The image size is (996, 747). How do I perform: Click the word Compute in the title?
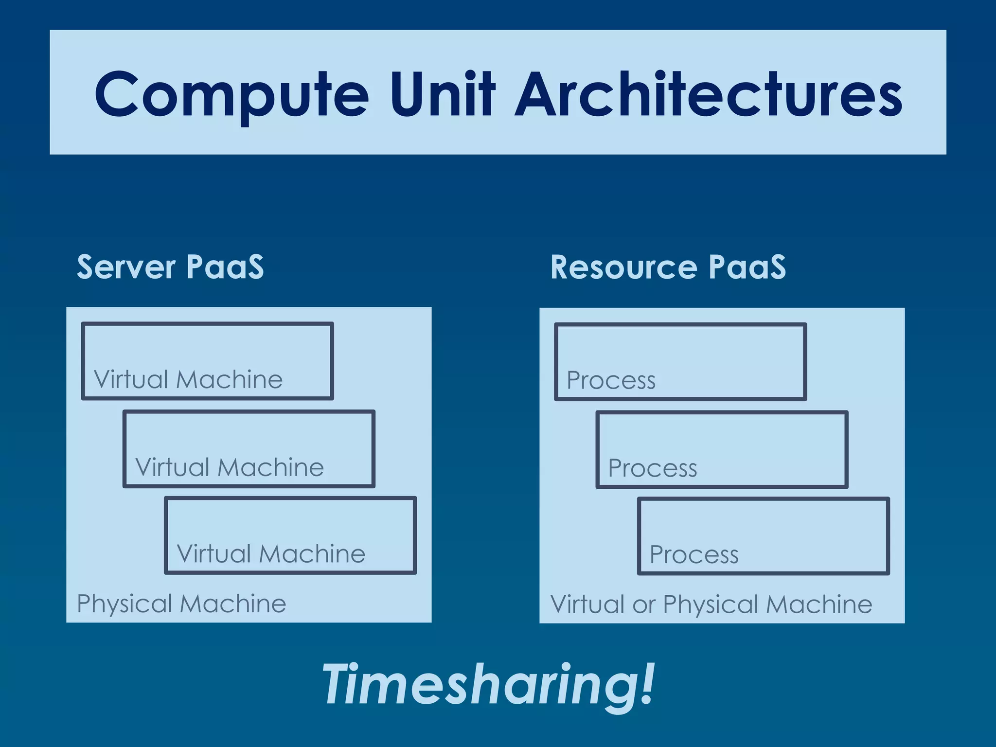pos(231,95)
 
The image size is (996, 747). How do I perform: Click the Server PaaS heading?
pos(170,267)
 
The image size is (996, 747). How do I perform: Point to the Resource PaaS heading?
pos(668,267)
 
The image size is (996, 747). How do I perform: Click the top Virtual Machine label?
pos(188,379)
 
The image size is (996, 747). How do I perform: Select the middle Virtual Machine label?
pos(230,467)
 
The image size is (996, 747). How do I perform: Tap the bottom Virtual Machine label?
pos(271,554)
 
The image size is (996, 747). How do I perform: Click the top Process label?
pos(611,380)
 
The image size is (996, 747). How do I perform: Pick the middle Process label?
pos(653,468)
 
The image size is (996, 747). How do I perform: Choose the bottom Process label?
pos(694,554)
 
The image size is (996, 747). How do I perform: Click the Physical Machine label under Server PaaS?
pos(181,604)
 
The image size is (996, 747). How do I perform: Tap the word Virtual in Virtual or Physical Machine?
pos(587,605)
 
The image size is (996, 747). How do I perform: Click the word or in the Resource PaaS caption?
pos(644,605)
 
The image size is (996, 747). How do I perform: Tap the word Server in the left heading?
pos(126,267)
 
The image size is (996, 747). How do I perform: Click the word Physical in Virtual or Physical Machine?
pos(710,605)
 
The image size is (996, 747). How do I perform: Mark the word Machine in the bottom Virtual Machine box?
pos(312,554)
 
